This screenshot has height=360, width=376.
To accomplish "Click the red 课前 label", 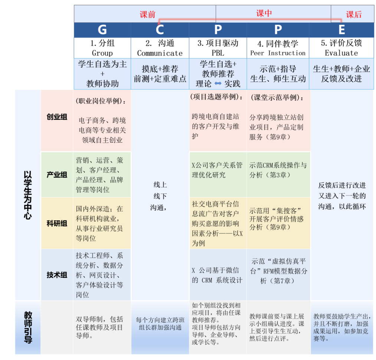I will coord(147,14).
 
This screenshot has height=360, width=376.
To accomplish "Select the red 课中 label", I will coord(264,13).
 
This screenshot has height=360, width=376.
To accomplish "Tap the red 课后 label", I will coord(354,14).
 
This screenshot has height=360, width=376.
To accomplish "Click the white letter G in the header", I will coord(102,30).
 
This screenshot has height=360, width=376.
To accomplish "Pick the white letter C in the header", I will coord(160,30).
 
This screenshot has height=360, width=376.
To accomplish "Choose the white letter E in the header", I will coord(341,30).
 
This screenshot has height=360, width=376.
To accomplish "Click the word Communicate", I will coord(160,53).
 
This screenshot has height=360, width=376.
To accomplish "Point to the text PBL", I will coord(218,53).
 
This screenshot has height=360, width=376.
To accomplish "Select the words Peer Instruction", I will coord(278,53).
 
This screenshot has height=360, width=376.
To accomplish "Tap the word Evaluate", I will coord(341,53).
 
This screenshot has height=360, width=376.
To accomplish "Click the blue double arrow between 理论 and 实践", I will coord(218,84).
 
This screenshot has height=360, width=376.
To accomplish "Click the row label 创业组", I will coord(57,117).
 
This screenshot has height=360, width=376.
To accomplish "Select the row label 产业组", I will coord(57,174).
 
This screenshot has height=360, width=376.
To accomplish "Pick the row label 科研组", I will coord(57,223).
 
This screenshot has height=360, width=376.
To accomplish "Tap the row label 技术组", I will coord(57,275).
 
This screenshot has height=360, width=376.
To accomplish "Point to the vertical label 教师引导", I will coord(27,327).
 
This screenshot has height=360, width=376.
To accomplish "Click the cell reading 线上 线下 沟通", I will coord(160,196).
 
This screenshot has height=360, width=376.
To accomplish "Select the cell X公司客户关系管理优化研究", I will coord(217,170).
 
